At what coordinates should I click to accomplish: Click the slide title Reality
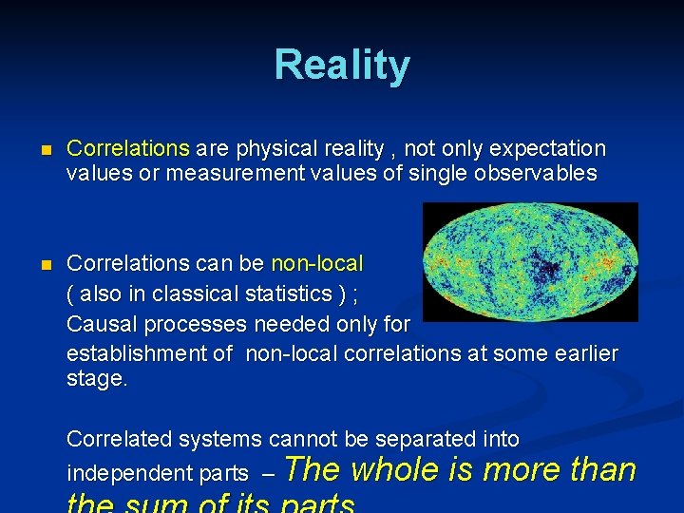342,66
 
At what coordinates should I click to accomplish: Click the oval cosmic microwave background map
529,263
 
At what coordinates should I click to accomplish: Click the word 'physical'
281,149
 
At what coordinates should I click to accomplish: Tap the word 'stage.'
96,379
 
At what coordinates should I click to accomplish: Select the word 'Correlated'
119,439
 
